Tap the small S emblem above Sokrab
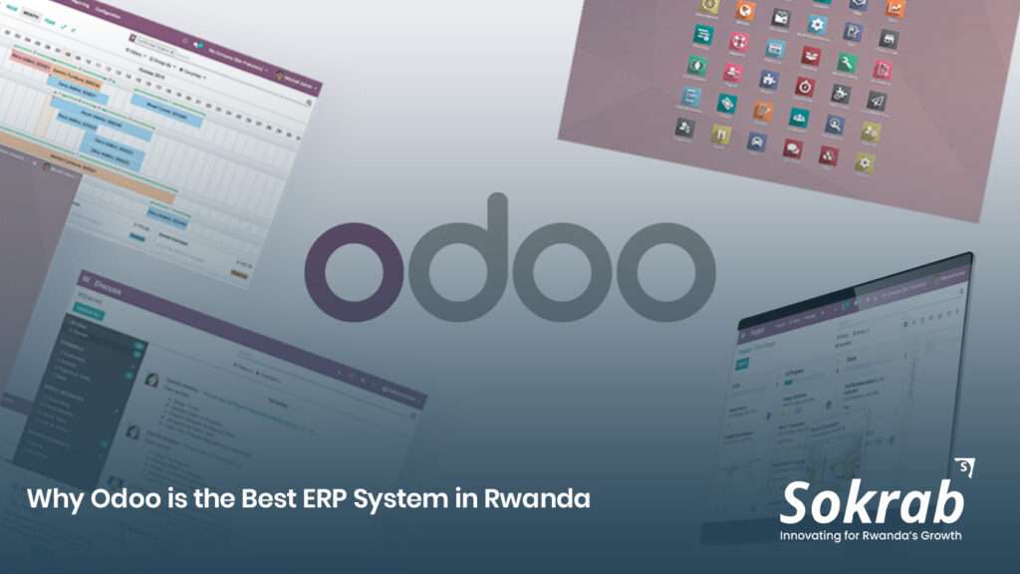click(963, 466)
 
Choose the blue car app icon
click(756, 142)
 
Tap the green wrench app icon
click(846, 63)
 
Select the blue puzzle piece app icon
click(768, 80)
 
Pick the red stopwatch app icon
click(805, 87)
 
